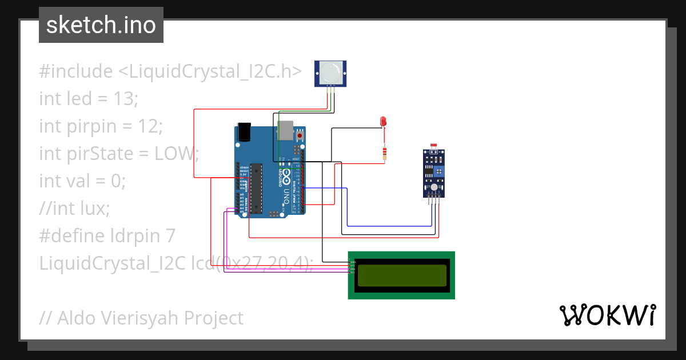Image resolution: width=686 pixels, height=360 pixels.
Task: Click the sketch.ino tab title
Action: [x=101, y=25]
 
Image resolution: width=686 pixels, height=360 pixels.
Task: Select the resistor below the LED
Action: [x=385, y=153]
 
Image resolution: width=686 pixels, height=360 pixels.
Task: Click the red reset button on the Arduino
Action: [x=299, y=136]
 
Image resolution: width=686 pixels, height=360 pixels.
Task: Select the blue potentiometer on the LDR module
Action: [x=438, y=171]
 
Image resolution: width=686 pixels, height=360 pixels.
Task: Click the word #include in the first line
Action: [x=76, y=71]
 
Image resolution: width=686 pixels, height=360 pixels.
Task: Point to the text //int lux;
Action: [x=74, y=208]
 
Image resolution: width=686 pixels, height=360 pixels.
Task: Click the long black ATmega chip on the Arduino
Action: [x=256, y=189]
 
